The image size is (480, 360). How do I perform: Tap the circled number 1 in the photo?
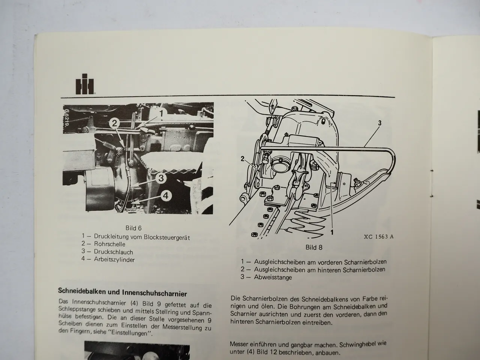coord(160,112)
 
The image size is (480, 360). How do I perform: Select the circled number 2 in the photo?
coord(115,123)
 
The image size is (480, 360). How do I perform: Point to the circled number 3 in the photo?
coord(161,178)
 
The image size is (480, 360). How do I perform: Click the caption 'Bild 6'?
coord(133,228)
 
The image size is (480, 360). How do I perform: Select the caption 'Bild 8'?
coord(314,247)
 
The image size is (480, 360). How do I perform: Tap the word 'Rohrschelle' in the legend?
coord(109,244)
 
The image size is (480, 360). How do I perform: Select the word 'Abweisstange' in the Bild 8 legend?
coord(273,277)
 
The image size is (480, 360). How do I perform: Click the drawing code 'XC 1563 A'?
coord(378,237)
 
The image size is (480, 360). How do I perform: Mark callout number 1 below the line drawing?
coord(331,232)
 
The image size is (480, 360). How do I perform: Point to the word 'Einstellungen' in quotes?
coord(132,334)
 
